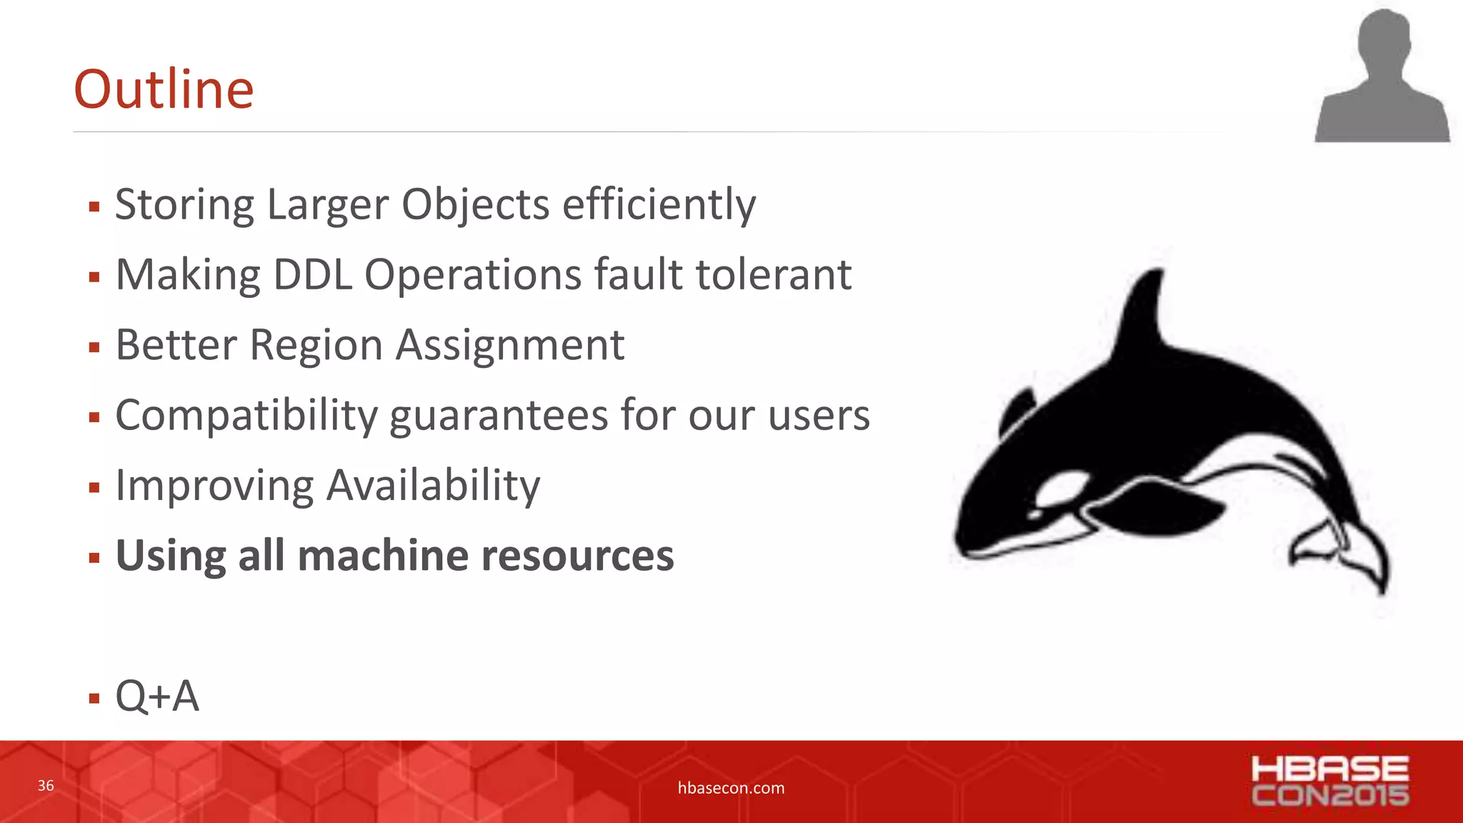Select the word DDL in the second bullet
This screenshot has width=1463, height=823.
click(312, 275)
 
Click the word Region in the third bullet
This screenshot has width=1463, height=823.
click(316, 346)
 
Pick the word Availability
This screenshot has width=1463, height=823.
click(433, 486)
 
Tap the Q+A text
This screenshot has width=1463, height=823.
click(157, 696)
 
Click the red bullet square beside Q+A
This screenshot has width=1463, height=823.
click(94, 698)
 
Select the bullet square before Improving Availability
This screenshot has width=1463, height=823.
click(94, 488)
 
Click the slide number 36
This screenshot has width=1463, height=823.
click(46, 786)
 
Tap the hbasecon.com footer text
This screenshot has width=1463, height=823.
click(731, 788)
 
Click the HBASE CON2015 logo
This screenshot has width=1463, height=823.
click(1329, 781)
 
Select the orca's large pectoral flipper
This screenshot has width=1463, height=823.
click(1157, 507)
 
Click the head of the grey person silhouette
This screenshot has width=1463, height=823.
click(1384, 39)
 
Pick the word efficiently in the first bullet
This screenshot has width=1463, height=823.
click(659, 205)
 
